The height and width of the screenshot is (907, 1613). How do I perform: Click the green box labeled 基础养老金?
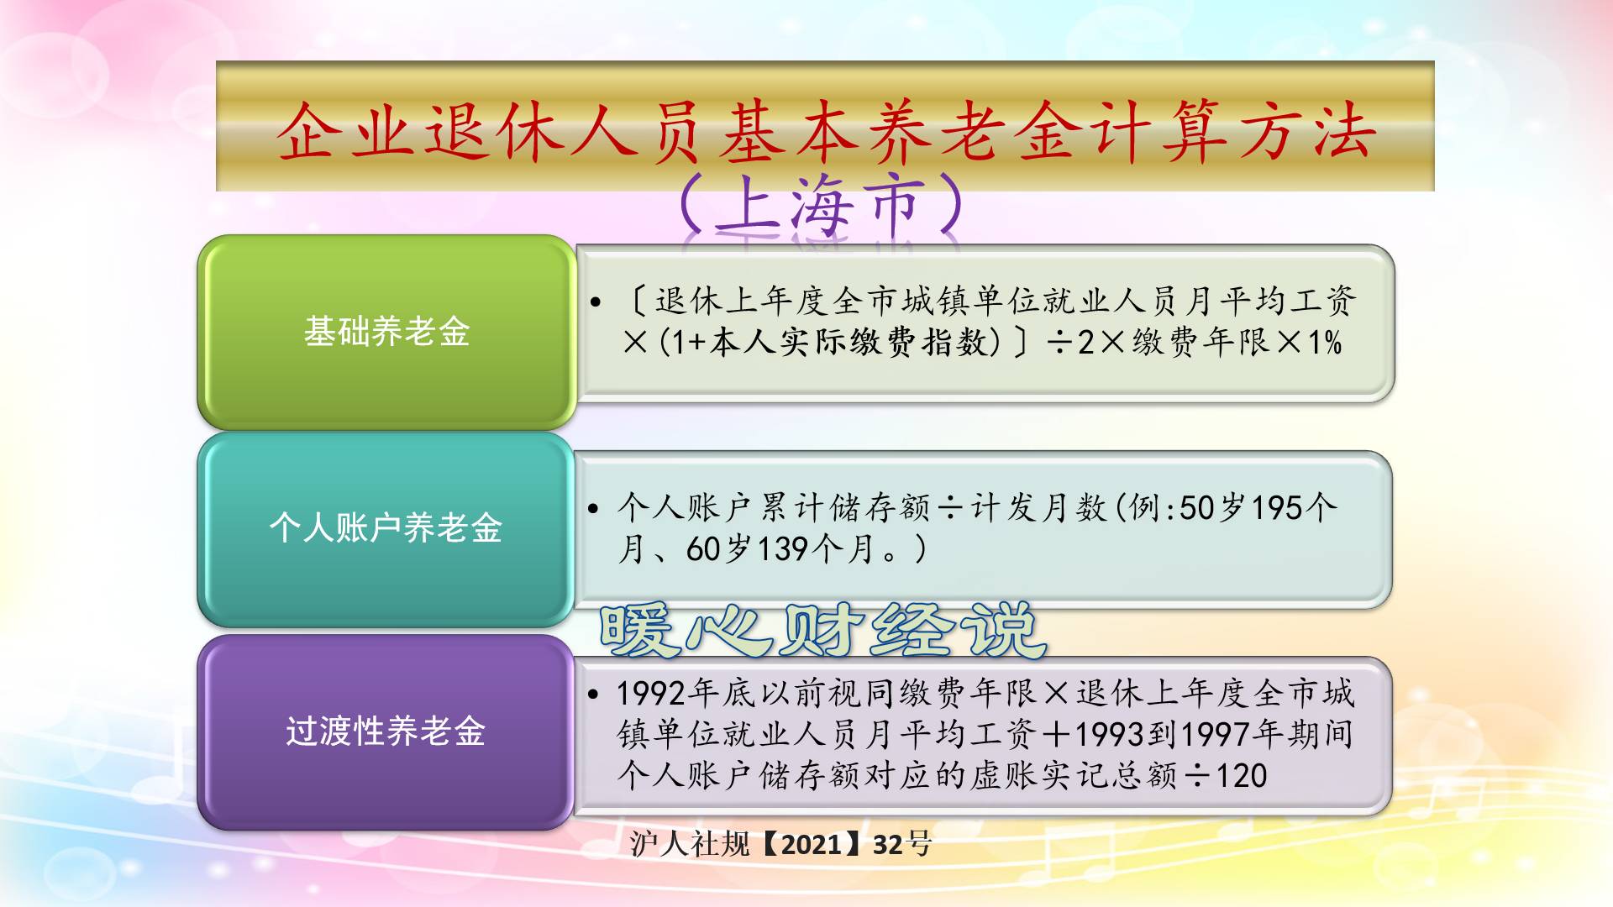386,332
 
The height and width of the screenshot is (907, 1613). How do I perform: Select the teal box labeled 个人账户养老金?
386,528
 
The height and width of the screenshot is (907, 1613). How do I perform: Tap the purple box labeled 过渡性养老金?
386,731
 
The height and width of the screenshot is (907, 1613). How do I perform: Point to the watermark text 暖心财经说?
823,630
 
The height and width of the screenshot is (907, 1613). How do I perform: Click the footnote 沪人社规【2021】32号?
780,843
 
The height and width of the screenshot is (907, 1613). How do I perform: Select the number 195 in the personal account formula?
1276,508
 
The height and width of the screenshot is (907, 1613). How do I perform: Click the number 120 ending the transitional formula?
1241,775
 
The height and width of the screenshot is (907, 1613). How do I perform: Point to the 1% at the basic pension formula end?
1325,343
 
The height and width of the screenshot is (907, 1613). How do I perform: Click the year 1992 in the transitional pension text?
651,694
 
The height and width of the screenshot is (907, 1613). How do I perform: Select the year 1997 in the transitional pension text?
1216,734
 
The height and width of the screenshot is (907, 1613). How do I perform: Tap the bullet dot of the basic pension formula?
596,302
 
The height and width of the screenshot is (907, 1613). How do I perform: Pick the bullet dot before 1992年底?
594,695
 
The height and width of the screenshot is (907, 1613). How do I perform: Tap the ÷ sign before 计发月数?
950,508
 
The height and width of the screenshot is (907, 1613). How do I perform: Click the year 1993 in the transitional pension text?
1109,734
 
